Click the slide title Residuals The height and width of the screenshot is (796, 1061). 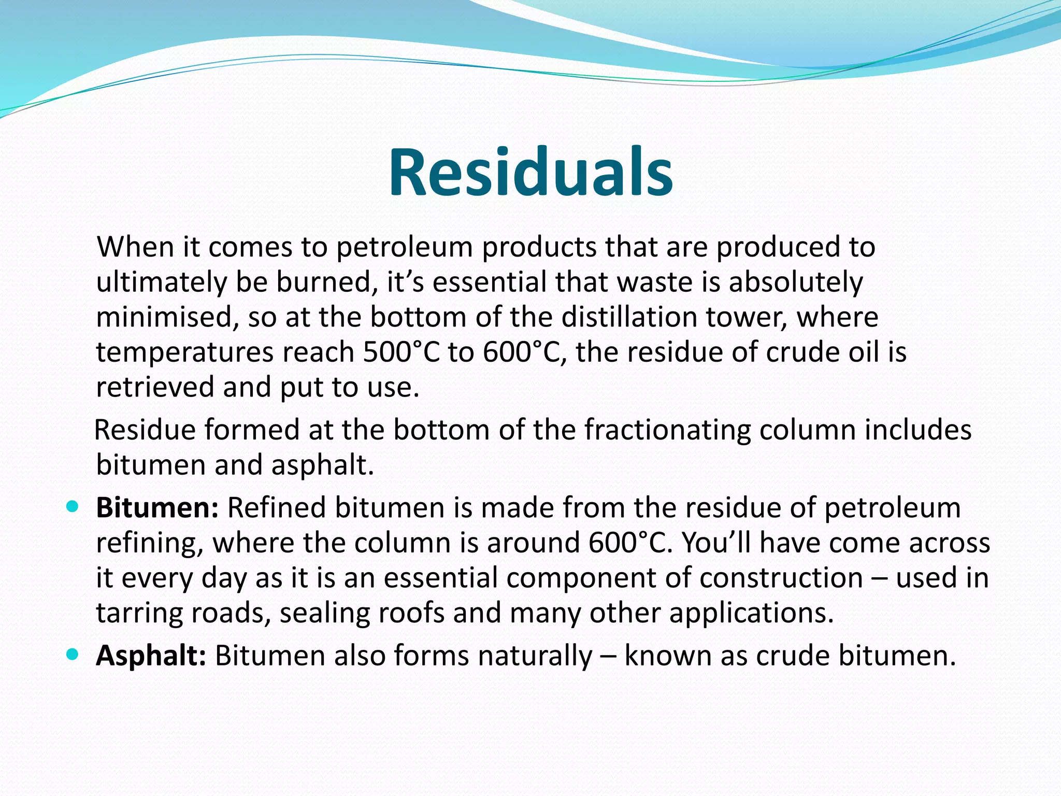pos(530,173)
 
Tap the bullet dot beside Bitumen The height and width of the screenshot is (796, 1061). pos(73,506)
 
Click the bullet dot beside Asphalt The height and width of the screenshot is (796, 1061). pos(73,655)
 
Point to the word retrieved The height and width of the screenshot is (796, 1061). pos(155,388)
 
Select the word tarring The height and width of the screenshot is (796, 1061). pos(139,614)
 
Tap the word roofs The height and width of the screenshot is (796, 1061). pos(411,613)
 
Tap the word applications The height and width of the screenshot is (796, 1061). pos(751,614)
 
